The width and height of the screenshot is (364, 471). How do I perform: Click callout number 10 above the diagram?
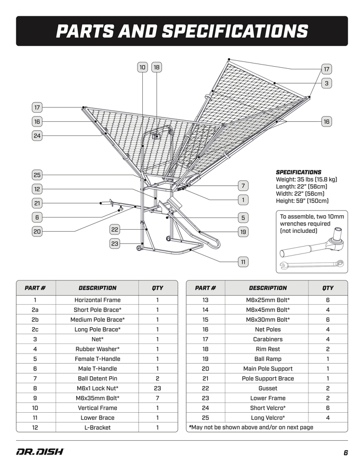tap(142, 67)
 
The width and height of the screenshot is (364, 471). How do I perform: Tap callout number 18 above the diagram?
tap(157, 67)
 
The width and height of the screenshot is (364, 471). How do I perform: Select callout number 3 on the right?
tap(327, 83)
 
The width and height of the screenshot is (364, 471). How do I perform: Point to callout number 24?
tap(37, 135)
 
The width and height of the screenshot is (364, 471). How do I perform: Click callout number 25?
tap(37, 175)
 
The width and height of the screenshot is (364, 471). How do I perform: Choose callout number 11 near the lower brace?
tap(243, 261)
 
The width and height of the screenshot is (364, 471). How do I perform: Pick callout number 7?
tap(243, 186)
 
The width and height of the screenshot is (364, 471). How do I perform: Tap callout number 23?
tap(115, 243)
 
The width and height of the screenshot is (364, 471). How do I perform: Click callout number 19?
tap(243, 231)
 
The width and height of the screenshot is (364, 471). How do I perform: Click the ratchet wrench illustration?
tap(311, 246)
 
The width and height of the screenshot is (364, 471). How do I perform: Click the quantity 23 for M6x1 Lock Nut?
tap(157, 388)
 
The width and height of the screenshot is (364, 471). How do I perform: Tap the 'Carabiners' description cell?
tap(268, 339)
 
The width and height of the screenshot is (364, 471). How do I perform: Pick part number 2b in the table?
tap(35, 320)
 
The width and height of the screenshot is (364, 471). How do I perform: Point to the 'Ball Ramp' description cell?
tap(268, 359)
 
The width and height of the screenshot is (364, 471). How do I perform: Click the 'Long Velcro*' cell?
tap(268, 418)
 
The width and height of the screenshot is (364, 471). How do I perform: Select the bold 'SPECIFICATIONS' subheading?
tap(298, 172)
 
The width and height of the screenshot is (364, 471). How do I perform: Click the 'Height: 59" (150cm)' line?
tap(302, 201)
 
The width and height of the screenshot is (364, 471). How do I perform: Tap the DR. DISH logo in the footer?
tap(40, 452)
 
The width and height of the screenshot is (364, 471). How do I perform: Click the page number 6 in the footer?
tap(345, 452)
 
